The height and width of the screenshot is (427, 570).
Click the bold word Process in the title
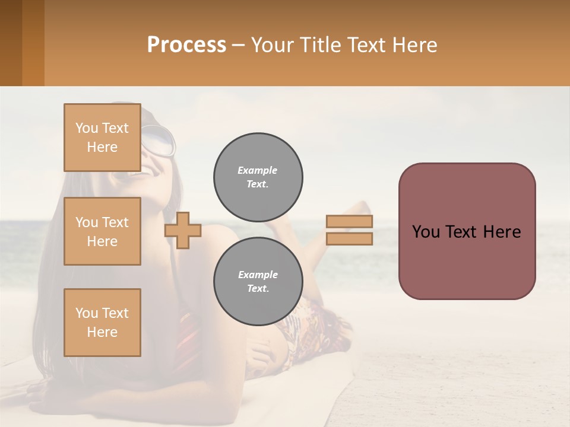[x=186, y=45]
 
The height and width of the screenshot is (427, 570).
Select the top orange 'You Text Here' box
[x=102, y=138]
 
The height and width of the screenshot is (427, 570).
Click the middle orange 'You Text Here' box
[x=102, y=231]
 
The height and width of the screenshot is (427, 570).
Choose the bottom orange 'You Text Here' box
[x=102, y=323]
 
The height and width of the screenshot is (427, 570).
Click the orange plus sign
[x=183, y=230]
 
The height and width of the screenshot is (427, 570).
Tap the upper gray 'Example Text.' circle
[x=258, y=177]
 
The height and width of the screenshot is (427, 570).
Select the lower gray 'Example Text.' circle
[x=258, y=281]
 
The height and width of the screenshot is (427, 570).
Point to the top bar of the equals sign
[x=349, y=222]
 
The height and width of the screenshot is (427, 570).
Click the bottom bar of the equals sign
[x=349, y=238]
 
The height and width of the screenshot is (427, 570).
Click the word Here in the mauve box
[x=502, y=232]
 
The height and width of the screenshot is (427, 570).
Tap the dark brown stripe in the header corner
[x=11, y=43]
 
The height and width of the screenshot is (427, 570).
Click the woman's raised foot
[x=359, y=208]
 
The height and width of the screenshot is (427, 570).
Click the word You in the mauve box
[x=426, y=232]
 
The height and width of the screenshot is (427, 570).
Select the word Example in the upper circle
[x=258, y=170]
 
